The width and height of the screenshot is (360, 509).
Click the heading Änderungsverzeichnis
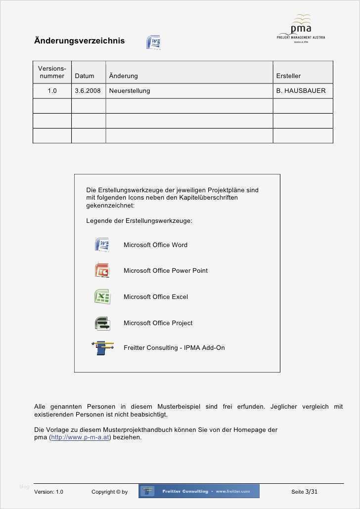pyautogui.click(x=79, y=41)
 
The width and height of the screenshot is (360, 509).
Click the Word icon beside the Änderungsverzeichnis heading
pyautogui.click(x=153, y=42)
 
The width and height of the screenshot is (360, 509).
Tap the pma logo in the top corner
pyautogui.click(x=301, y=29)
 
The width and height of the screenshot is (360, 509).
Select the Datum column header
pyautogui.click(x=85, y=76)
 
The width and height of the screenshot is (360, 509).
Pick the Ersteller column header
pyautogui.click(x=288, y=76)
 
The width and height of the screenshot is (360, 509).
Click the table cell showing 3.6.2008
pyautogui.click(x=88, y=91)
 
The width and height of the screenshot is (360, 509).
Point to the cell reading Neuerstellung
pyautogui.click(x=130, y=91)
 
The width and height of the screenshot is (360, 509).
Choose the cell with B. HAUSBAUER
pyautogui.click(x=301, y=91)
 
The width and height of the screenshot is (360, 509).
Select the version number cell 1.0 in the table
pyautogui.click(x=52, y=91)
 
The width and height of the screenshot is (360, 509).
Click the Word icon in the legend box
pyautogui.click(x=102, y=245)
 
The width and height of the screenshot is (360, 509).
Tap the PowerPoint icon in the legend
pyautogui.click(x=102, y=270)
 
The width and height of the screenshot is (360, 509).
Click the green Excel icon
pyautogui.click(x=102, y=297)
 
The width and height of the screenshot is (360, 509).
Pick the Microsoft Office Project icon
pyautogui.click(x=102, y=323)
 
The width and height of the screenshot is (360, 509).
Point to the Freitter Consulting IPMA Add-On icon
pyautogui.click(x=102, y=348)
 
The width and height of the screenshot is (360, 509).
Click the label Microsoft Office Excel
pyautogui.click(x=155, y=297)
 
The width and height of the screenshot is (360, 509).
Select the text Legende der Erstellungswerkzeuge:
pyautogui.click(x=139, y=221)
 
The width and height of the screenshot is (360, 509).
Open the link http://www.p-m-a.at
pyautogui.click(x=80, y=437)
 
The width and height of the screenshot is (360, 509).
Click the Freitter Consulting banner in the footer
pyautogui.click(x=199, y=491)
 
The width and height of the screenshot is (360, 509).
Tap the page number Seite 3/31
pyautogui.click(x=304, y=492)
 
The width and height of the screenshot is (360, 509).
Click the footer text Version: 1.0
pyautogui.click(x=48, y=492)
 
